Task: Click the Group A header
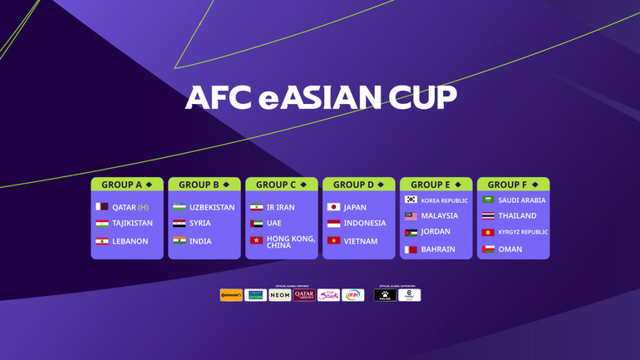click(127, 185)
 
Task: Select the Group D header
click(358, 185)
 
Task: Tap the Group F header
click(513, 185)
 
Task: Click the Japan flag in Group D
click(333, 207)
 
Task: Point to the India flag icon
click(179, 241)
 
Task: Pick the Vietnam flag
click(333, 241)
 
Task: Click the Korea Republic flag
click(411, 200)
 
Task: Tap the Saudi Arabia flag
click(488, 200)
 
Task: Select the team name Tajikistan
click(132, 224)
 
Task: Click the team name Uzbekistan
click(212, 207)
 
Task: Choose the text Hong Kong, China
click(290, 242)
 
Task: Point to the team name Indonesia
click(365, 224)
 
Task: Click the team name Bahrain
click(438, 249)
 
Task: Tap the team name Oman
click(510, 249)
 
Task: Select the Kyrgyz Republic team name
click(523, 233)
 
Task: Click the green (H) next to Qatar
click(143, 207)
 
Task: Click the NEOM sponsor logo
click(280, 295)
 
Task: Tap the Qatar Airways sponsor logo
click(304, 295)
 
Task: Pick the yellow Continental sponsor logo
click(231, 295)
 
